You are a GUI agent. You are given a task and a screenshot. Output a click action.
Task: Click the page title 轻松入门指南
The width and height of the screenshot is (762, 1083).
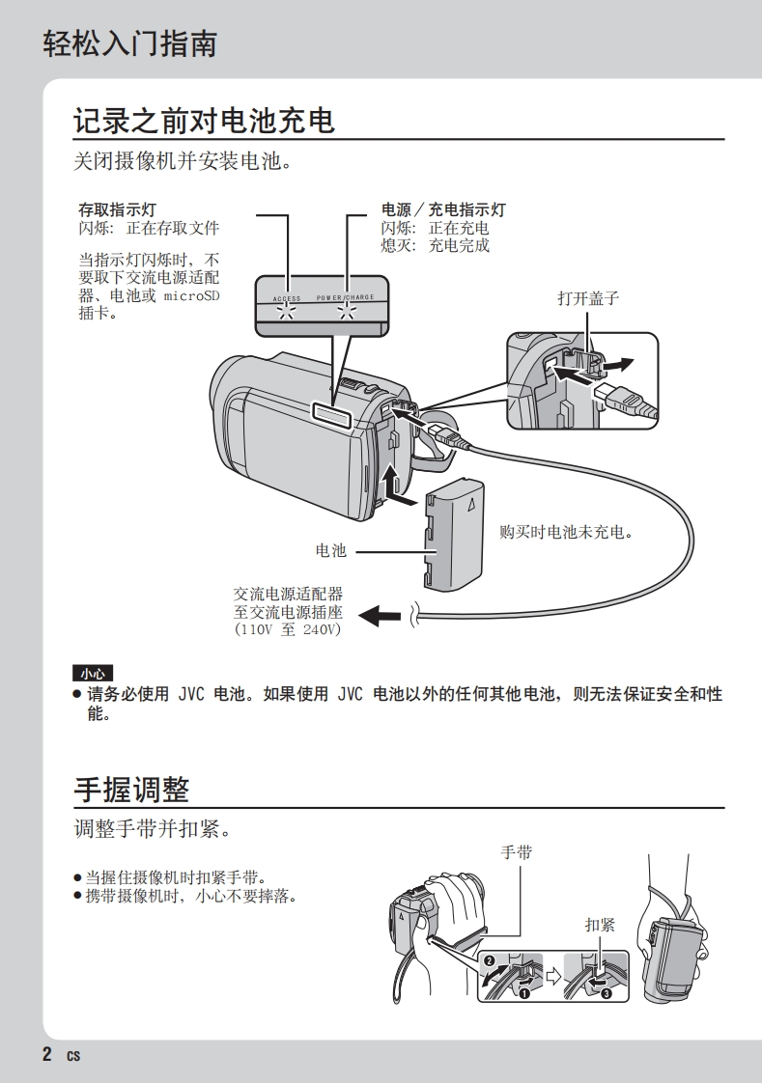coord(129,43)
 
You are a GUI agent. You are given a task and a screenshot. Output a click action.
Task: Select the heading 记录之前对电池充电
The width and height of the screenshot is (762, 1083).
coord(204,121)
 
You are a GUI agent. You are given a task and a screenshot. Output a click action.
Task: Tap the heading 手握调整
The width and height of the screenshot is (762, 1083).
coord(131,789)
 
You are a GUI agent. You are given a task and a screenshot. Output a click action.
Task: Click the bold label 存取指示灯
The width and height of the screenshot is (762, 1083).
coord(117,209)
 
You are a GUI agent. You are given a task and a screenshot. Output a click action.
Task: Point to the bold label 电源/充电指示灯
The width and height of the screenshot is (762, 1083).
coord(442,209)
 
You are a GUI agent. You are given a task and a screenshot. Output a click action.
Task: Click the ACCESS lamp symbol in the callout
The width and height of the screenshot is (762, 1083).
coord(286,311)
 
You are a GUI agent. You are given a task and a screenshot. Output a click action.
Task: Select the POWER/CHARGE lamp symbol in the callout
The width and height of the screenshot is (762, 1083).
coord(345,311)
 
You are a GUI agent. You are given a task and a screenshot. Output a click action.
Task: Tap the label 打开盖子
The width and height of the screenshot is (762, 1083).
coord(587,298)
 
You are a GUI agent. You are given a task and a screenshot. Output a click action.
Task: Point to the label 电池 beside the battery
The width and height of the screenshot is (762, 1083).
coord(330,550)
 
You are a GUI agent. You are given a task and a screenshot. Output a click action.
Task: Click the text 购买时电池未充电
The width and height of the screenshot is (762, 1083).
coord(572,532)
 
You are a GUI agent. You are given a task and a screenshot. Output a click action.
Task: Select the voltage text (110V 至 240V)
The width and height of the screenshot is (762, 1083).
coord(288,629)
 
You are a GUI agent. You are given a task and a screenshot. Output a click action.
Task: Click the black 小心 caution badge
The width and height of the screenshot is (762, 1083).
coord(93,673)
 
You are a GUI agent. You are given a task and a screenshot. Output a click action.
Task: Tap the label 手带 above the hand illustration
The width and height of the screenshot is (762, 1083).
coord(516,852)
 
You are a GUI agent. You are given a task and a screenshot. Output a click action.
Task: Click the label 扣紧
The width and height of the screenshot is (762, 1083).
coord(599,925)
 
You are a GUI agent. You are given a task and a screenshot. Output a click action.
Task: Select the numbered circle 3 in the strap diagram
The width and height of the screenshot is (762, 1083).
coord(607,993)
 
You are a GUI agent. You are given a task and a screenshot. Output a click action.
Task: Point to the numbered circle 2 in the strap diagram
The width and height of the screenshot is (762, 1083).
coord(489,961)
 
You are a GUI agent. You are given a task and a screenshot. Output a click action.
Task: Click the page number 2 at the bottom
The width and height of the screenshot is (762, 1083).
coord(47,1054)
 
